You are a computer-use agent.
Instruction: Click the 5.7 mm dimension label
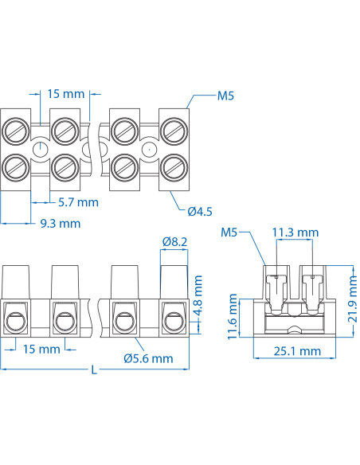coord(79,202)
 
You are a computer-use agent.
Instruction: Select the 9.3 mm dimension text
coord(61,224)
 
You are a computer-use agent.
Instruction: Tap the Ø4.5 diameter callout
coord(200,211)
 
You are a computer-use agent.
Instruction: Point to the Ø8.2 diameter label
coord(174,241)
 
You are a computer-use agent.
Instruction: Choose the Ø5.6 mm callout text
coord(149,358)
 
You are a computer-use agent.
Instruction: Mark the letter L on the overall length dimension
coord(95,369)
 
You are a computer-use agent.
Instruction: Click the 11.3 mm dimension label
coord(295,232)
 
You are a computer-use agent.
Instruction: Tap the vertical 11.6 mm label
coord(233,316)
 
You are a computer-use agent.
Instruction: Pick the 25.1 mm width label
coord(296,351)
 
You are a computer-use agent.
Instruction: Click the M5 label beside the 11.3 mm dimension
coord(229,232)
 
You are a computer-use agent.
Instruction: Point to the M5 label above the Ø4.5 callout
coord(226,97)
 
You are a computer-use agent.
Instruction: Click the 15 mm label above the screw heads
coord(65,94)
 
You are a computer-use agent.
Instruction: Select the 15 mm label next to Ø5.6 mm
coord(41,350)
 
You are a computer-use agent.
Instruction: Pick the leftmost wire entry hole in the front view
coord(16,322)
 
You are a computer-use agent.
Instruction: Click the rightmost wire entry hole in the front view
coord(173,322)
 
